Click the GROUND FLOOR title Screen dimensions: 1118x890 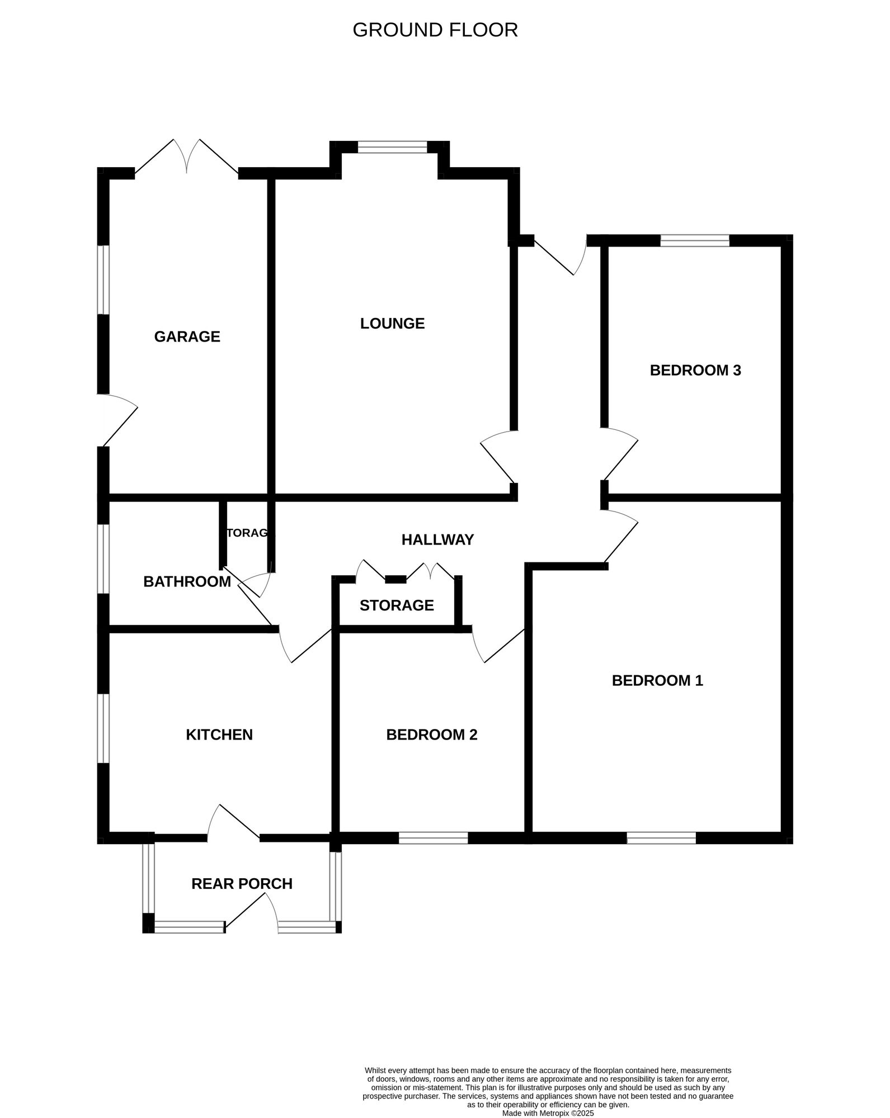(435, 30)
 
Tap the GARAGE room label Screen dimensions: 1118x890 (187, 337)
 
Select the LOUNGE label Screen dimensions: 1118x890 (392, 324)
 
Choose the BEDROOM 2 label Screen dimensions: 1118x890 (431, 735)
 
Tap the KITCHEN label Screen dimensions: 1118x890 (219, 735)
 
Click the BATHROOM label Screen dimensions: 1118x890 (187, 582)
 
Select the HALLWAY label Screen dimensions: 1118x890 (437, 539)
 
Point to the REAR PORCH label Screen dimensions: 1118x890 (242, 884)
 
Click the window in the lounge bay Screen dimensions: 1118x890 (392, 147)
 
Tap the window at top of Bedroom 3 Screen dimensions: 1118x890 (695, 241)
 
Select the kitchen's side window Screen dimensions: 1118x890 (103, 728)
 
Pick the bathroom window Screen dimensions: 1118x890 (103, 558)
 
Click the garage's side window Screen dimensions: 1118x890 (103, 279)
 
